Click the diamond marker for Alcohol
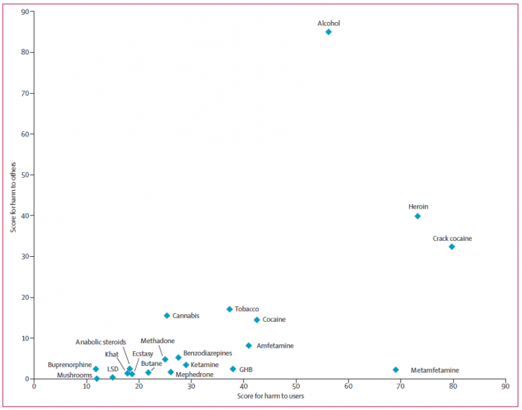click(328, 32)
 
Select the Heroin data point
click(418, 216)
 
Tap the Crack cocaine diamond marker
click(452, 247)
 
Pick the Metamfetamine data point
click(396, 370)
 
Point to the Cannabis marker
click(167, 316)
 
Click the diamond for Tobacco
click(230, 309)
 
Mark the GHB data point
click(233, 369)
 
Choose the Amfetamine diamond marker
click(248, 346)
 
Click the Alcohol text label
click(329, 23)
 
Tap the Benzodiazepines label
click(207, 352)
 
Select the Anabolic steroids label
click(100, 342)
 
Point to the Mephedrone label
click(195, 375)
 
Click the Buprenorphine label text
click(70, 365)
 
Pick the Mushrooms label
click(74, 375)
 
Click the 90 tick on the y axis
click(24, 11)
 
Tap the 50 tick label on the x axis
click(296, 386)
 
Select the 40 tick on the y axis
click(24, 215)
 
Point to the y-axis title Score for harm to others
click(13, 195)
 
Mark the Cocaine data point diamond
click(256, 320)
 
